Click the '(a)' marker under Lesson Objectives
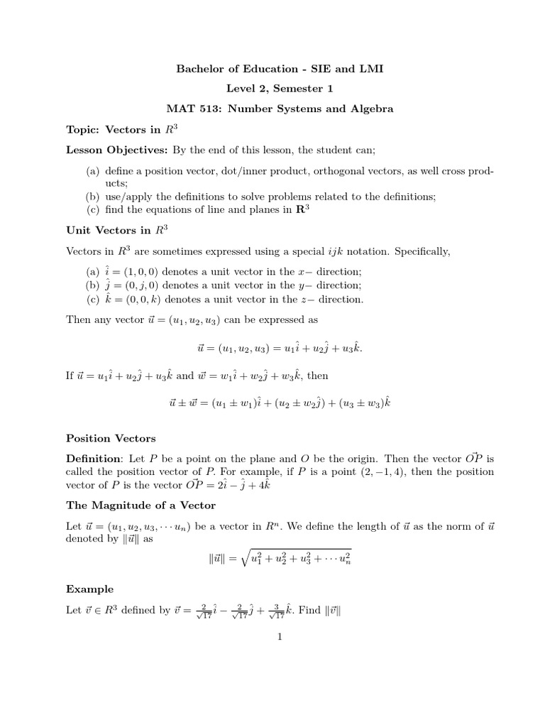click(x=94, y=171)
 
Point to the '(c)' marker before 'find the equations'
click(x=94, y=209)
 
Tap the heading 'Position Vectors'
click(x=111, y=438)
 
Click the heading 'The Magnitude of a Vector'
click(x=141, y=505)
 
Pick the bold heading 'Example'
click(x=89, y=589)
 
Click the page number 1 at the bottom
click(x=280, y=636)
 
